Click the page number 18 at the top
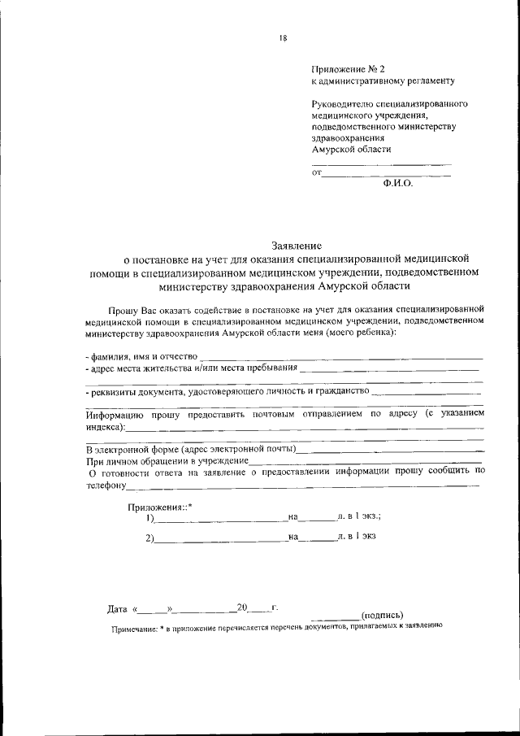click(284, 36)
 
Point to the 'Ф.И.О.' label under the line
click(398, 184)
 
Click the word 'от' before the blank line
click(317, 172)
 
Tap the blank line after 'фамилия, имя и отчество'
click(341, 358)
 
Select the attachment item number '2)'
click(150, 538)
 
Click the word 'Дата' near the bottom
click(117, 608)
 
